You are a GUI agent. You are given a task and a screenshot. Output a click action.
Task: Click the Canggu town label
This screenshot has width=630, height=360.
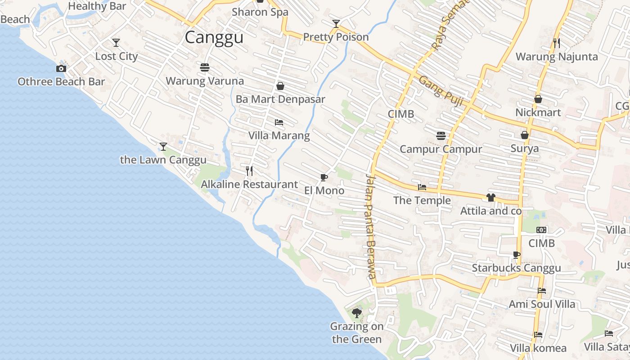(214, 37)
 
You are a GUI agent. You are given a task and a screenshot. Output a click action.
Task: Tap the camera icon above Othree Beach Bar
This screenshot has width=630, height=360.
(61, 69)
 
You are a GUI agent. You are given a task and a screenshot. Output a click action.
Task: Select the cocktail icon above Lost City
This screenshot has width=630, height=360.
(116, 43)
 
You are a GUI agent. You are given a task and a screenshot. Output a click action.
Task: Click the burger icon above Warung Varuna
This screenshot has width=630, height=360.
(205, 67)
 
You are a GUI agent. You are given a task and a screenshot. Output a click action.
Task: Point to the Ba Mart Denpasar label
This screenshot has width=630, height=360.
(280, 99)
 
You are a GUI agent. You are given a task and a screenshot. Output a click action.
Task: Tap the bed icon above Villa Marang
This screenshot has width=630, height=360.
(279, 122)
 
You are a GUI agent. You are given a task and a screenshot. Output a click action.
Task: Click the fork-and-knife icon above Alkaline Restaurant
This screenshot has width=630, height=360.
(249, 171)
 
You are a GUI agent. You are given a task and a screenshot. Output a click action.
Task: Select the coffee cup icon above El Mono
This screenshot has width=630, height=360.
(324, 177)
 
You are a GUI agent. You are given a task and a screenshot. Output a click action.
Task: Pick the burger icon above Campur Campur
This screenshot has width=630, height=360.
(441, 135)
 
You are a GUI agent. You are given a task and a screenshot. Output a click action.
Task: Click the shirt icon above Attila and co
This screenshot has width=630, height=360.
(490, 198)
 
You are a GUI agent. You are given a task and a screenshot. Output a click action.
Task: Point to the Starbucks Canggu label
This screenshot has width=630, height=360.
(516, 269)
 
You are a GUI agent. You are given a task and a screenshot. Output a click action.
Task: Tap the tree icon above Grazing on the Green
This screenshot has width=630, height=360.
(357, 313)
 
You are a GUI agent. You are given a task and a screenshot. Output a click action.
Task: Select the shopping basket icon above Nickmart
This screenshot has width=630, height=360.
(538, 99)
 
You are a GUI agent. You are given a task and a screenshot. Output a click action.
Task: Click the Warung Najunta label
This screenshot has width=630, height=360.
(557, 57)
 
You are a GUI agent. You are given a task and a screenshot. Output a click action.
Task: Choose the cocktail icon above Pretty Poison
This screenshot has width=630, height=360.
(336, 23)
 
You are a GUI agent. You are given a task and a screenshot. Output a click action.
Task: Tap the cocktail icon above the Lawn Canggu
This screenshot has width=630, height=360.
(163, 147)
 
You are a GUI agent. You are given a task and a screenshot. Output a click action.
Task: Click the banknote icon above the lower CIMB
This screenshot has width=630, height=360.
(541, 230)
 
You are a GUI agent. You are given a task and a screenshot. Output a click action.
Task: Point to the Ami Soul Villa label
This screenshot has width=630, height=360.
(542, 305)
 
